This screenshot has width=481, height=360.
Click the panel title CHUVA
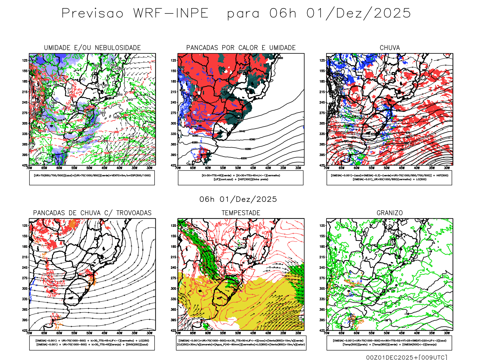pyautogui.click(x=390, y=48)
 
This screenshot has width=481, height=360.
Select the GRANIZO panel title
pyautogui.click(x=390, y=213)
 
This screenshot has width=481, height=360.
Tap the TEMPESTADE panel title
pyautogui.click(x=241, y=213)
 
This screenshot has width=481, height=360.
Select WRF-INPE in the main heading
pyautogui.click(x=171, y=13)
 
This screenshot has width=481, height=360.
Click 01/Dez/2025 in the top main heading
pyautogui.click(x=359, y=13)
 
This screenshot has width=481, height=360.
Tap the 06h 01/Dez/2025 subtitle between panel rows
pyautogui.click(x=238, y=199)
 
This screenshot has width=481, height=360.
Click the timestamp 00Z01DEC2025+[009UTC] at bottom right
pyautogui.click(x=406, y=357)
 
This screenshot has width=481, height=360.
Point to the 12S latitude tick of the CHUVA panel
pyautogui.click(x=322, y=60)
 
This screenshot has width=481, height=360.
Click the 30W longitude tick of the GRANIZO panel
pyautogui.click(x=447, y=333)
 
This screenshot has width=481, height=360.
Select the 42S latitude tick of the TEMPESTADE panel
pyautogui.click(x=173, y=331)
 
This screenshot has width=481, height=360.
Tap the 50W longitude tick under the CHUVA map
pyautogui.click(x=387, y=168)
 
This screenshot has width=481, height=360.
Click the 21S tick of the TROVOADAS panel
pyautogui.click(x=25, y=257)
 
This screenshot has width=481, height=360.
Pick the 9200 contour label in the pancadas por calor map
pyautogui.click(x=244, y=158)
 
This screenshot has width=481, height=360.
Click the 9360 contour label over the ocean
pyautogui.click(x=252, y=139)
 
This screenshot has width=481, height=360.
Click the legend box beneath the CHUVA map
pyautogui.click(x=389, y=178)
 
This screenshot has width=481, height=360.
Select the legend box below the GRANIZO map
pyautogui.click(x=389, y=343)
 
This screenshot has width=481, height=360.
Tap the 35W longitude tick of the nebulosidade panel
pyautogui.click(x=134, y=168)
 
